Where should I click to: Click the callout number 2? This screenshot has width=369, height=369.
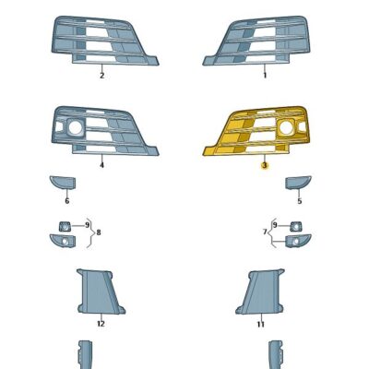[x=101, y=76]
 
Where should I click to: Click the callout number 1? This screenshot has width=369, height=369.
[x=264, y=76]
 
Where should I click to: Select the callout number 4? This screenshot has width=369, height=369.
[x=101, y=167]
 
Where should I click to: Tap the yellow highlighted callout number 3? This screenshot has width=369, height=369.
[x=264, y=167]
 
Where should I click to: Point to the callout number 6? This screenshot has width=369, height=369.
[x=66, y=200]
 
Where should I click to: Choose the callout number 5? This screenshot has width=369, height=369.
[x=299, y=200]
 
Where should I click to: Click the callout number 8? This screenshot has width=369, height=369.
[x=98, y=232]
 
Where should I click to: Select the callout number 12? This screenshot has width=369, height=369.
[x=101, y=325]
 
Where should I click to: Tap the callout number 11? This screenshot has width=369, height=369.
[x=261, y=325]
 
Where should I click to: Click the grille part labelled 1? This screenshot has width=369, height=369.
[x=262, y=42]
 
